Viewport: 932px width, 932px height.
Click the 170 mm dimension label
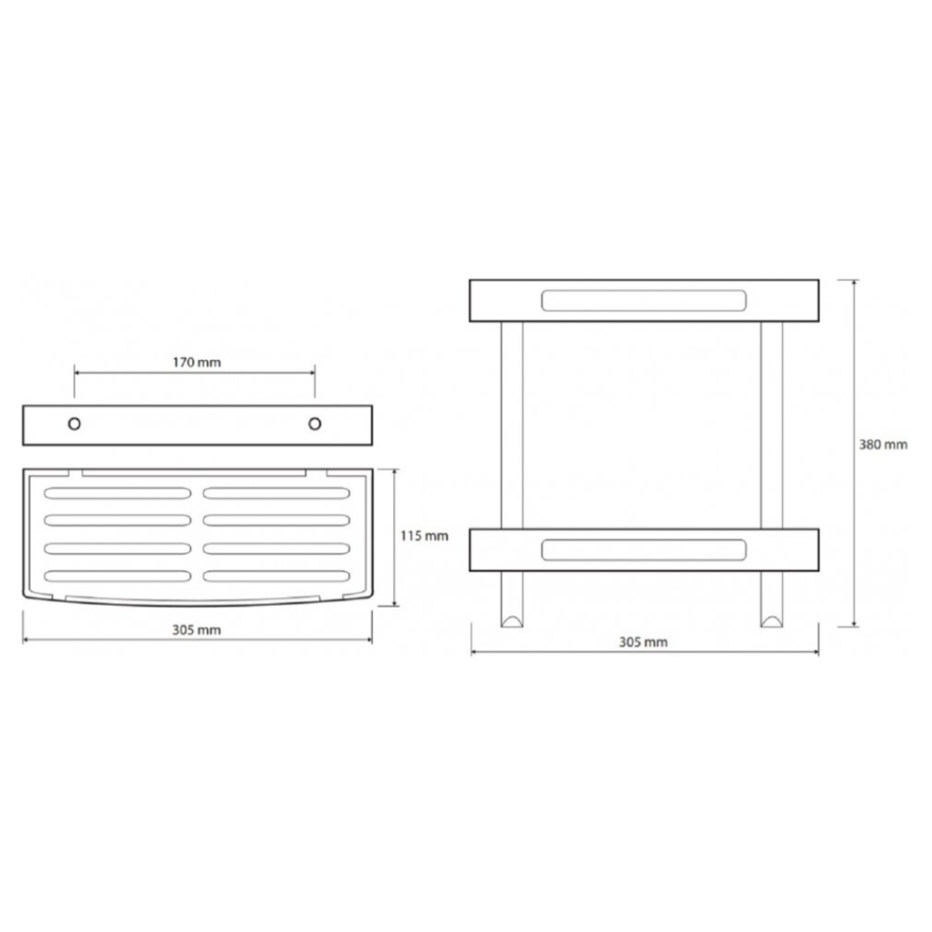[x=197, y=362]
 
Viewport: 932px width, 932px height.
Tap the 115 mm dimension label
[x=424, y=536]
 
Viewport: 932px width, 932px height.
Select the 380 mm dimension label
[x=883, y=444]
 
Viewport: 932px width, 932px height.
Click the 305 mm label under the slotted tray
[x=197, y=629]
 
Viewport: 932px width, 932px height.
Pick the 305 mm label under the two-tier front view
[x=643, y=642]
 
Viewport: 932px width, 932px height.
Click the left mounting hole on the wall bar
[x=75, y=424]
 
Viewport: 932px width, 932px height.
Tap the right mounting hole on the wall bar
[x=315, y=424]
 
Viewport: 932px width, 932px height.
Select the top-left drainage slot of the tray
[x=117, y=493]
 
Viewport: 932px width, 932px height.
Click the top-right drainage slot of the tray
[x=277, y=493]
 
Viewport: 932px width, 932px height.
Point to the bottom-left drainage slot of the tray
[x=117, y=576]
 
